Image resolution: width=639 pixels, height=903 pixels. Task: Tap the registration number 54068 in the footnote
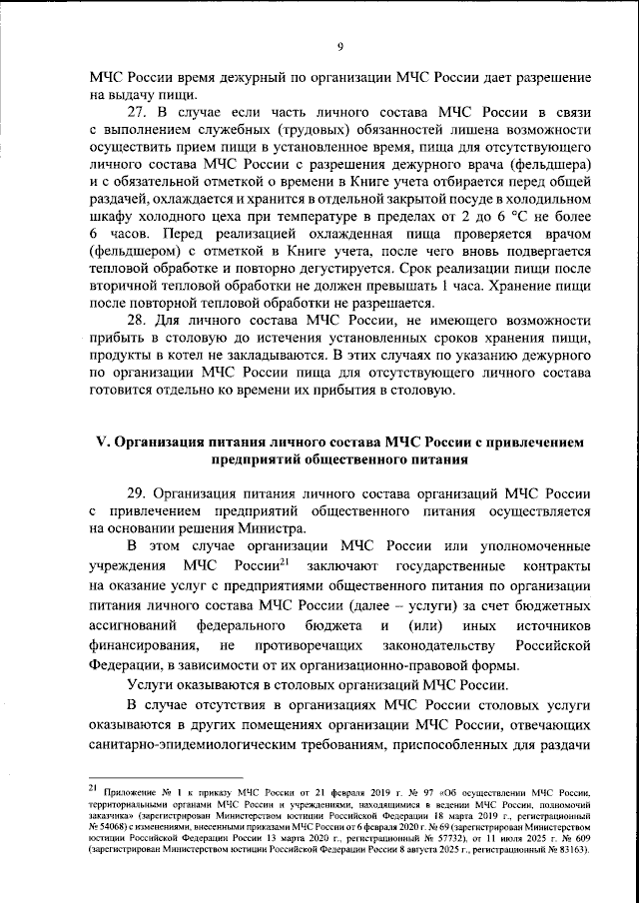point(115,827)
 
